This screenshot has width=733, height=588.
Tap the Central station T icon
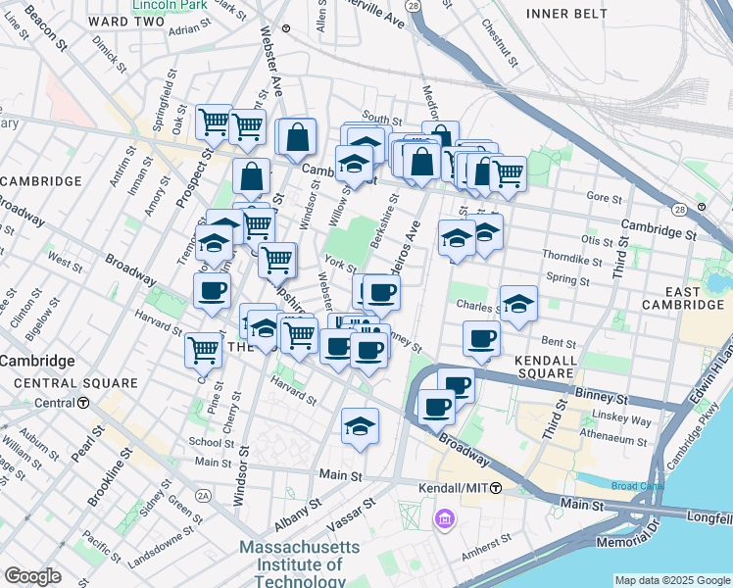[83, 403]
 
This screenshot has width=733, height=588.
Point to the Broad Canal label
[637, 485]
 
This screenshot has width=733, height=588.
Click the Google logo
[32, 576]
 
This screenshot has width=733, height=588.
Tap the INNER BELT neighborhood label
[567, 13]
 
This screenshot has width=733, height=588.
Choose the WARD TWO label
[124, 20]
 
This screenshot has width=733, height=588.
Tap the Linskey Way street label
[628, 421]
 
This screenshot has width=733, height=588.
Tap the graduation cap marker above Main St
[361, 426]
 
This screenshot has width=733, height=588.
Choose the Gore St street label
[598, 197]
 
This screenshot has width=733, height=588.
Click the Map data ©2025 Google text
[671, 579]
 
